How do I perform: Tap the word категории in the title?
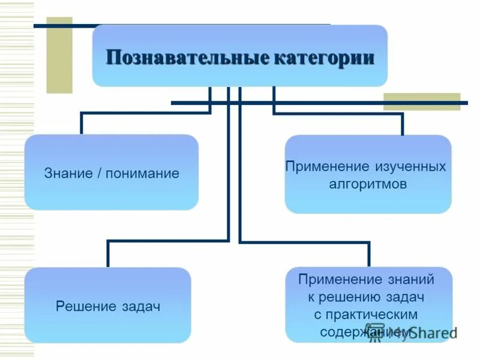325,58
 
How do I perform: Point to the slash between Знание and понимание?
98,173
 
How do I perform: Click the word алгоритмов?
368,184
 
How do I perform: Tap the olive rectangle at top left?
59,55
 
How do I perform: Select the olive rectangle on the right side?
422,101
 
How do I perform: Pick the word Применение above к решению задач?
340,279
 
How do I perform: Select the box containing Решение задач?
108,305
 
